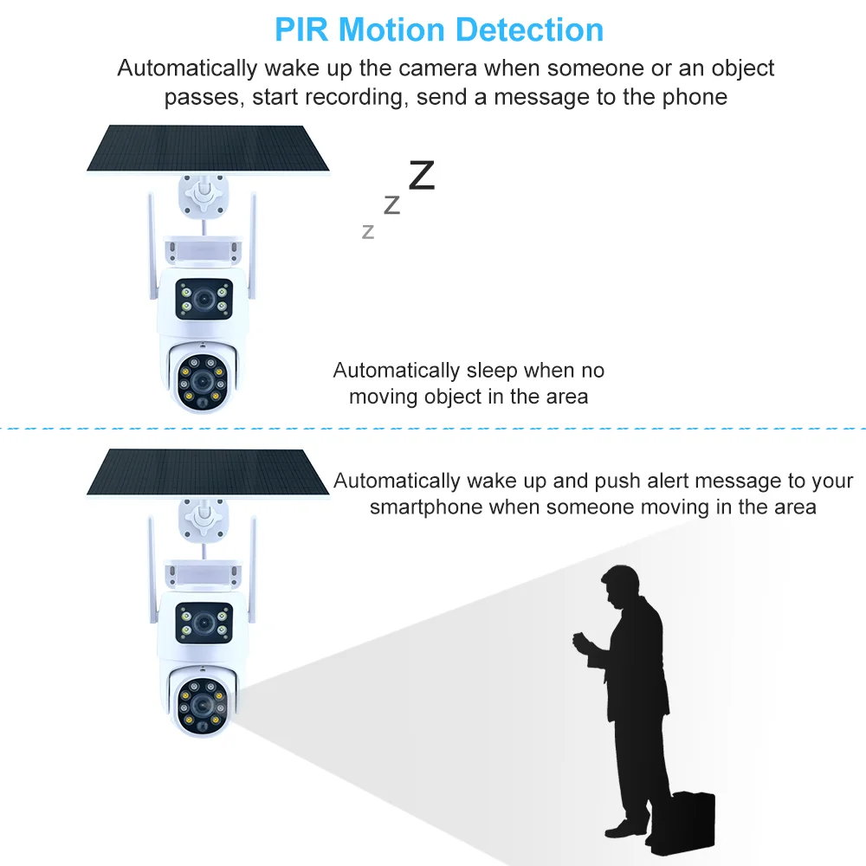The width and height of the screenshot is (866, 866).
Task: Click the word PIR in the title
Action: [x=302, y=29]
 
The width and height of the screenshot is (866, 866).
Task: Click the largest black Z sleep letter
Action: [x=421, y=175]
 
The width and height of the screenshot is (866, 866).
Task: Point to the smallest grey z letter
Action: [x=368, y=231]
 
